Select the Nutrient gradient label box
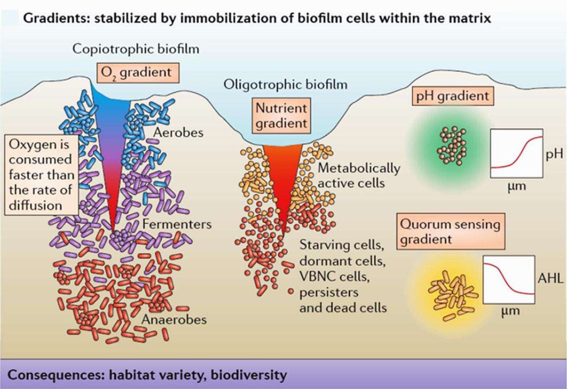pos(281,116)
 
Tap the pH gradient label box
pos(452,96)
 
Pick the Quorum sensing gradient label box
pos(450,231)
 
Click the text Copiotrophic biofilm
pos(136,49)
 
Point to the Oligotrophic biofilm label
pos(285,84)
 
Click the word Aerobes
pos(178,132)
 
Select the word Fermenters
pos(177,223)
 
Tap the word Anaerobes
pos(174,319)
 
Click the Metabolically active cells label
pos(358,175)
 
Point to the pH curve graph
pos(516,153)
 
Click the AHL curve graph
pos(509,279)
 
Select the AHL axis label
pos(550,278)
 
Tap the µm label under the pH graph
pos(516,185)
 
